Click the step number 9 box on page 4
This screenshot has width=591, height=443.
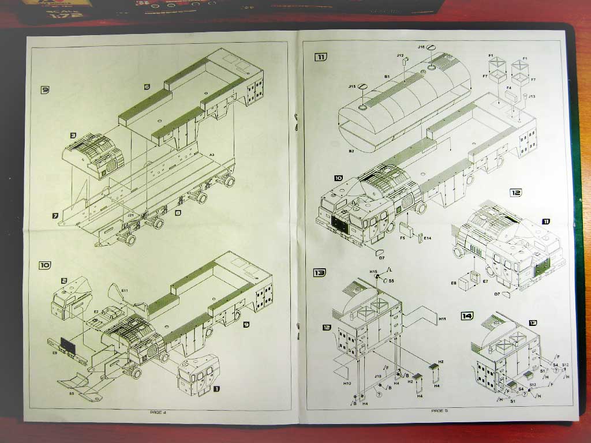(x=45, y=89)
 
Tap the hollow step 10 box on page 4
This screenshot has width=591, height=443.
(x=45, y=265)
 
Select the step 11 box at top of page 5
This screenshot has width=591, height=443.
(x=320, y=57)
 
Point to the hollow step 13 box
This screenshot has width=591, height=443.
(x=319, y=272)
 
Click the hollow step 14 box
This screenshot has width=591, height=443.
(x=467, y=316)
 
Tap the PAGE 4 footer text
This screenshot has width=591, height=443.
(x=158, y=412)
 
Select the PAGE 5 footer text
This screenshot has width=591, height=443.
(x=439, y=411)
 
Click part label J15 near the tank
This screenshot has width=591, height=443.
(x=352, y=87)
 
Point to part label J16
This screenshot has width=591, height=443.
(x=421, y=47)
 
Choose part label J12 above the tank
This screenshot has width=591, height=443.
(x=400, y=55)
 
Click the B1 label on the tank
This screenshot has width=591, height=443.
(x=387, y=76)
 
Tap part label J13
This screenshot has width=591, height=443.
(x=532, y=96)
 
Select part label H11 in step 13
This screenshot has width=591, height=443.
(x=442, y=318)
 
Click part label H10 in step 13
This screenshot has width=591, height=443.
(x=347, y=383)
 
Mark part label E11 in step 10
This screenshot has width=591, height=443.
(x=124, y=291)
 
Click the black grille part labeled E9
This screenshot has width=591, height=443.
(x=69, y=348)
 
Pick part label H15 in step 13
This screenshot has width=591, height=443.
(x=373, y=271)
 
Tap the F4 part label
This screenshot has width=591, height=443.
(x=508, y=88)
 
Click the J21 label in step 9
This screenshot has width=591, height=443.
(x=130, y=215)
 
